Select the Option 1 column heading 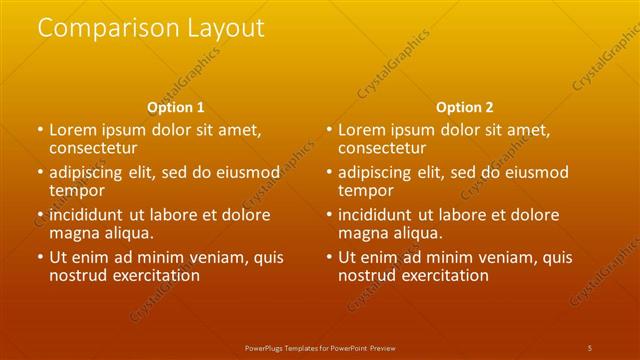pos(176,107)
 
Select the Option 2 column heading pos(465,107)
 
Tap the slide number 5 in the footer pos(590,347)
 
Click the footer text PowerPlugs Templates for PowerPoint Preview pos(319,347)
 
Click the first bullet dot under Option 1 pos(40,130)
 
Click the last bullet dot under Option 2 pos(329,257)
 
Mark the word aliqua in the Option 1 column pos(128,233)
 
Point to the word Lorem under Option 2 pos(360,130)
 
